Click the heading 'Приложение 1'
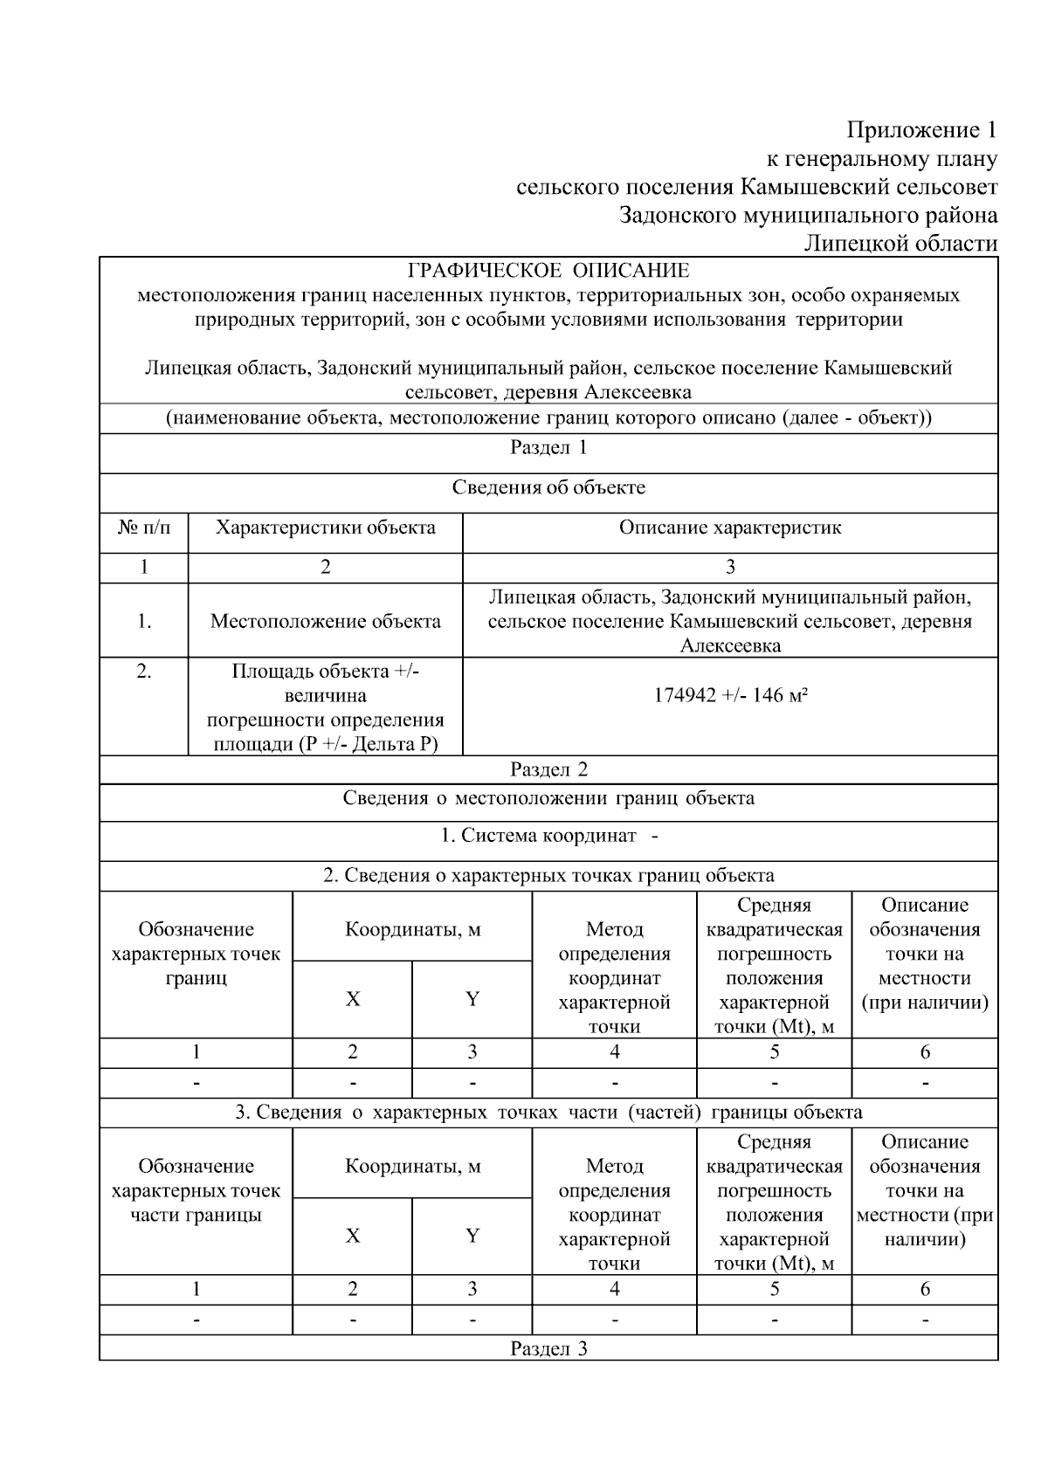click(x=921, y=130)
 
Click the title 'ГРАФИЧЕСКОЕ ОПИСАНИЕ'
click(x=548, y=271)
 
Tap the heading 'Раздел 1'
click(x=548, y=448)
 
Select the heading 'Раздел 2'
click(x=548, y=769)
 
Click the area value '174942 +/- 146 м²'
click(x=730, y=695)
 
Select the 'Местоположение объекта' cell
click(x=325, y=621)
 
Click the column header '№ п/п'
click(x=144, y=527)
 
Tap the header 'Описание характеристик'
click(x=730, y=527)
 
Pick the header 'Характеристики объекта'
click(x=325, y=527)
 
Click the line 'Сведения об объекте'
click(x=548, y=487)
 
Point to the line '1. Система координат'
click(x=548, y=836)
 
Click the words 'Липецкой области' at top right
click(x=900, y=243)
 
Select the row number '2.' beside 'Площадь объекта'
click(x=144, y=672)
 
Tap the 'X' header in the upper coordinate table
click(x=352, y=999)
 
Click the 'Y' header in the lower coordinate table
click(x=472, y=1236)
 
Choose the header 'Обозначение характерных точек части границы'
click(x=196, y=1190)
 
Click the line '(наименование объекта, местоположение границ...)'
click(x=548, y=417)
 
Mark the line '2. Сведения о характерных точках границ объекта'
click(x=548, y=875)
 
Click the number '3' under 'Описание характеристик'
click(x=730, y=567)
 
